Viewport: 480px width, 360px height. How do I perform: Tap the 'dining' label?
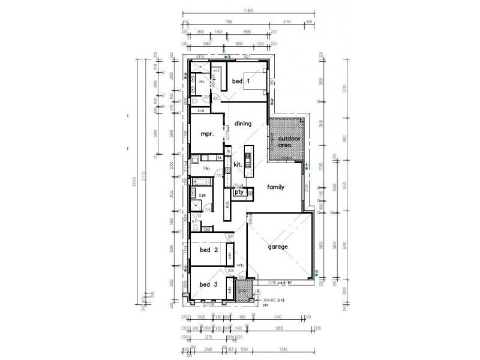point(242,124)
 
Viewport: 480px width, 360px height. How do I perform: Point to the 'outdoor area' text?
point(287,142)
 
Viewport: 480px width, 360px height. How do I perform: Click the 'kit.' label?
point(237,164)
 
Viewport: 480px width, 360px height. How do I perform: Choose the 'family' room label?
point(276,187)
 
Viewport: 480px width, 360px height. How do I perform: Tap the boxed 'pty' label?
point(238,192)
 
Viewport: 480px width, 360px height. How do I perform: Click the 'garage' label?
point(278,247)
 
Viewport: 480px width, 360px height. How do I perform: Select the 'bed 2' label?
point(209,250)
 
